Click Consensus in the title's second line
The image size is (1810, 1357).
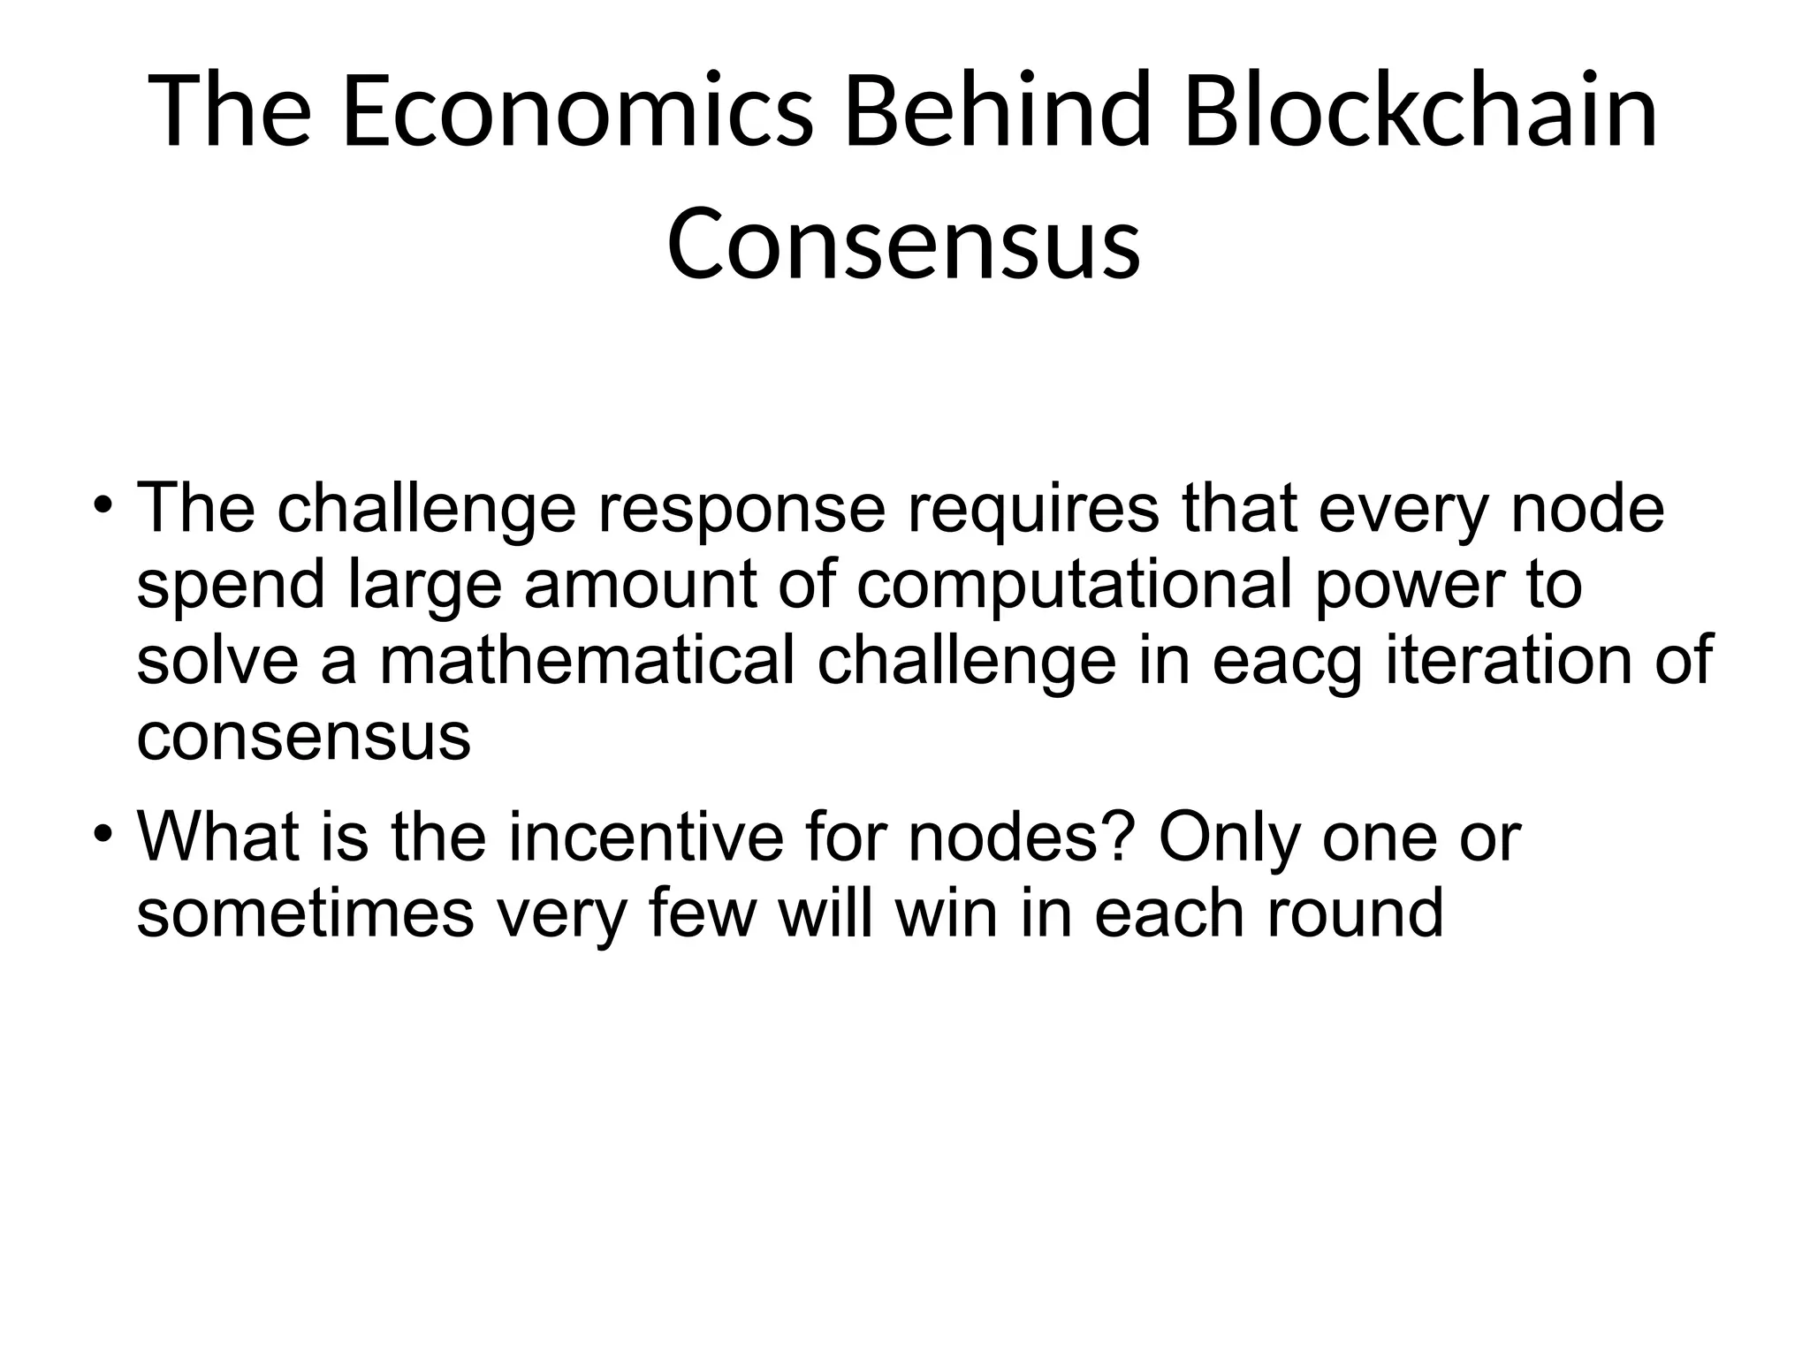click(x=904, y=243)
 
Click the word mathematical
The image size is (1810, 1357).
click(x=587, y=661)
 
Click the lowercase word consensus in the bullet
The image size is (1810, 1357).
click(x=303, y=737)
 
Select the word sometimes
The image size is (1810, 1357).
click(x=305, y=914)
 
